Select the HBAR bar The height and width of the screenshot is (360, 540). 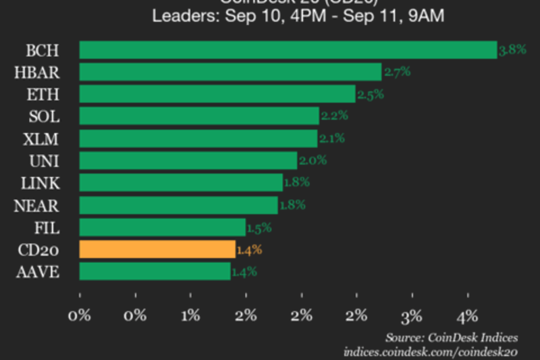(230, 72)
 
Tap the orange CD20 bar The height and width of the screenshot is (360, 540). (157, 249)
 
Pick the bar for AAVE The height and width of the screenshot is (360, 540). (155, 272)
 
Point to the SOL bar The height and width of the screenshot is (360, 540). (199, 116)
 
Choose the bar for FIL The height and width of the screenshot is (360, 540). (163, 227)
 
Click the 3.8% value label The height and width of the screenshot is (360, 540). (512, 50)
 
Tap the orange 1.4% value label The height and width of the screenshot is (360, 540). (249, 250)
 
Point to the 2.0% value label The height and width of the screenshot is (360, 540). (313, 161)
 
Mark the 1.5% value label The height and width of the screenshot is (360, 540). (260, 228)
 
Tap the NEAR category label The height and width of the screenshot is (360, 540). (36, 205)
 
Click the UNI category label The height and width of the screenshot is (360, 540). (46, 161)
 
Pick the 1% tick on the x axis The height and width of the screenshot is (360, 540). (191, 315)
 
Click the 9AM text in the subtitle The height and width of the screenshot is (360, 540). (427, 16)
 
